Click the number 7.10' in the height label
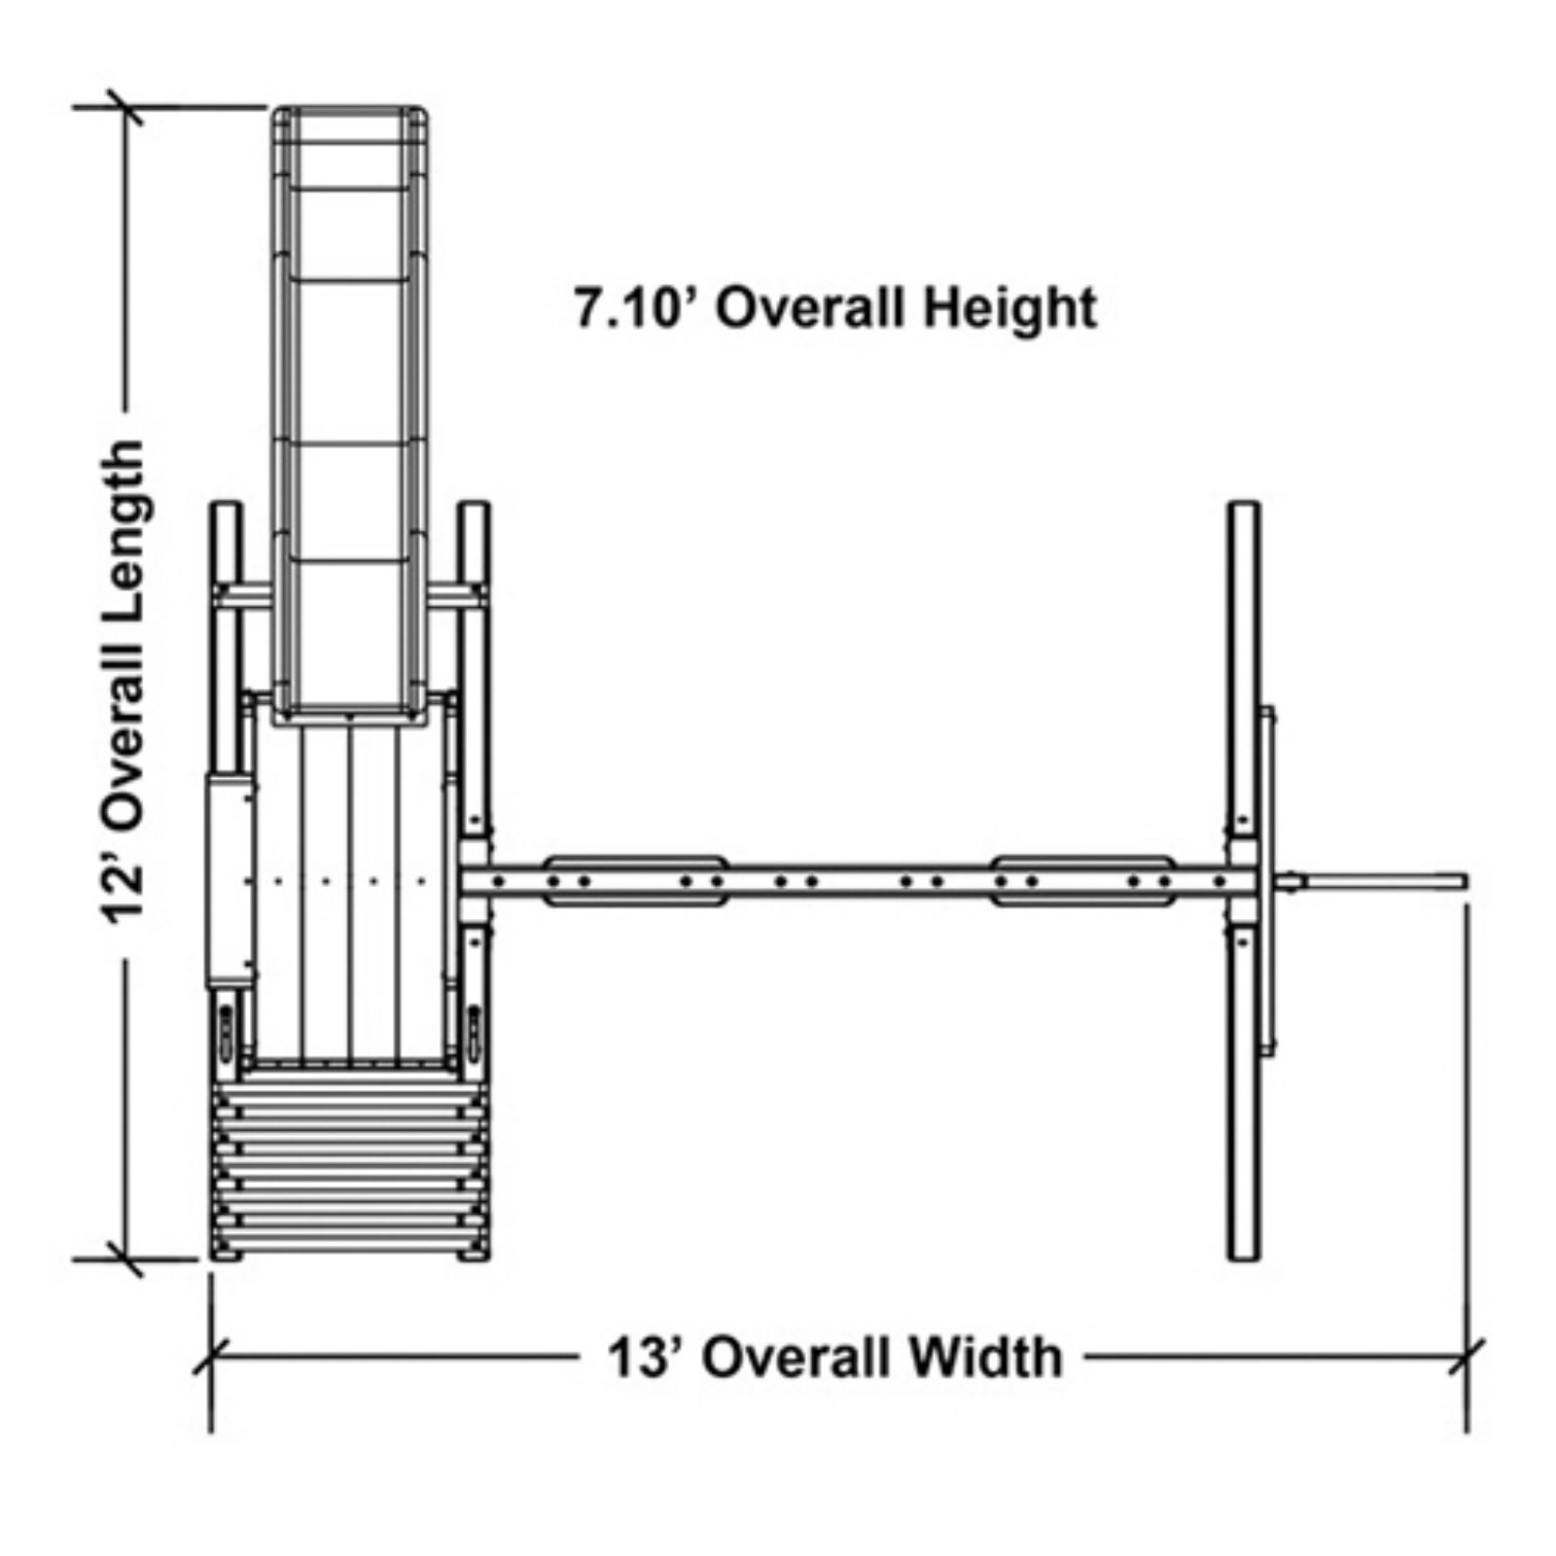[x=633, y=309]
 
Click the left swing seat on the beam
[x=635, y=881]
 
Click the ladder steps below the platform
[x=350, y=1163]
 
